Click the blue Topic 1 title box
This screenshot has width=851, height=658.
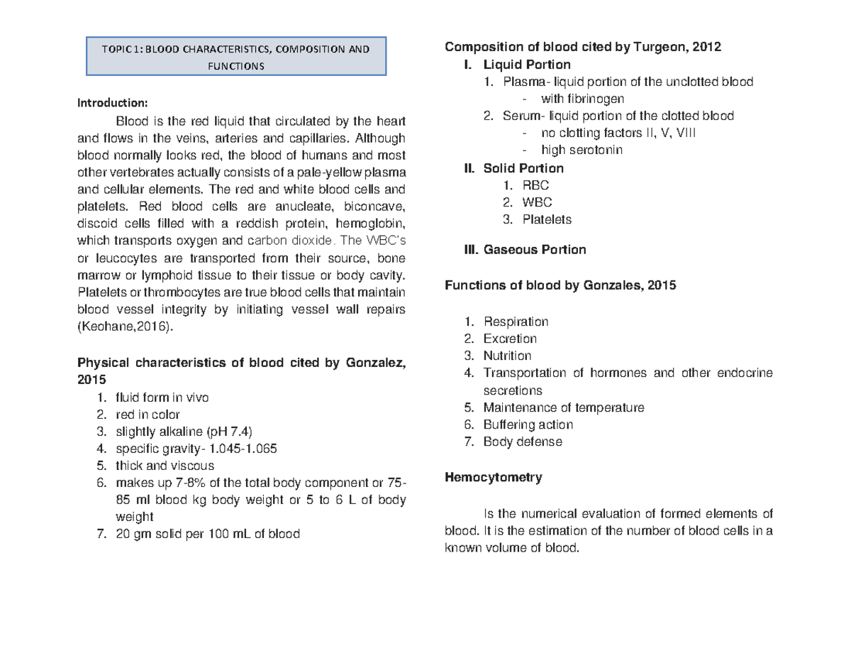pyautogui.click(x=235, y=57)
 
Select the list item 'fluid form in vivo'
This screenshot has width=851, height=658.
pyautogui.click(x=162, y=397)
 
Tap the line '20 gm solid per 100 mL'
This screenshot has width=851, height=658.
pyautogui.click(x=206, y=534)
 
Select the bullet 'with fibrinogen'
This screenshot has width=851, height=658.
pyautogui.click(x=582, y=99)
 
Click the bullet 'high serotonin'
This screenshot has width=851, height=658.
pyautogui.click(x=583, y=150)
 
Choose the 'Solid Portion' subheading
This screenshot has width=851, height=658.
pyautogui.click(x=523, y=168)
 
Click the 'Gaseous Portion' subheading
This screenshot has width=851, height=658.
pyautogui.click(x=535, y=250)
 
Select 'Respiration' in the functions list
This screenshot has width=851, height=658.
pyautogui.click(x=515, y=322)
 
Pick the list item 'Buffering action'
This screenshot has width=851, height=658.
pyautogui.click(x=528, y=424)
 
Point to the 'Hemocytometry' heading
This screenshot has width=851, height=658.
pyautogui.click(x=493, y=478)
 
